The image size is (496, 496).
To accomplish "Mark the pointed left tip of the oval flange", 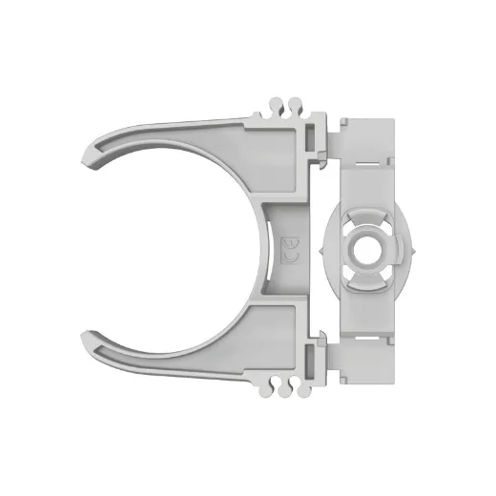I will coord(321,248).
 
